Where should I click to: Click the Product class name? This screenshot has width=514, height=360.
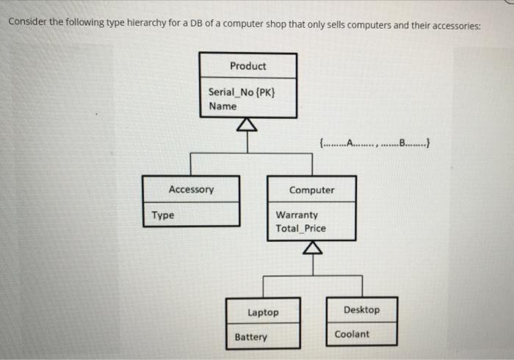click(x=247, y=66)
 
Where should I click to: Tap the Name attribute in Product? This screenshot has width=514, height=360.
click(x=222, y=107)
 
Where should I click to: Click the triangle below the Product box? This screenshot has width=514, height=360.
click(x=247, y=126)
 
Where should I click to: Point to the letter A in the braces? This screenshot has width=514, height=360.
click(x=350, y=143)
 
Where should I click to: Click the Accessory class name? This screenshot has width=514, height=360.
click(x=191, y=190)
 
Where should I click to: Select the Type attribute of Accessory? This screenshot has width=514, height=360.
click(x=163, y=215)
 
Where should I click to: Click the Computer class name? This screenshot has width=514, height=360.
click(x=311, y=190)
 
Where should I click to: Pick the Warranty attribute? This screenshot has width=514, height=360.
click(x=297, y=215)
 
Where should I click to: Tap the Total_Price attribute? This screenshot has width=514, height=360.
click(x=300, y=228)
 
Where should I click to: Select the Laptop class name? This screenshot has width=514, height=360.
click(x=263, y=312)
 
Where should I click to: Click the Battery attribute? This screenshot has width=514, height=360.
click(x=251, y=337)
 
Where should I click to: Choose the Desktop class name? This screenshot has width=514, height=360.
click(x=361, y=310)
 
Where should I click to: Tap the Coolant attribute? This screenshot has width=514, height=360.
click(x=352, y=334)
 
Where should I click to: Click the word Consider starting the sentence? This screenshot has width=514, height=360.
click(x=26, y=21)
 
